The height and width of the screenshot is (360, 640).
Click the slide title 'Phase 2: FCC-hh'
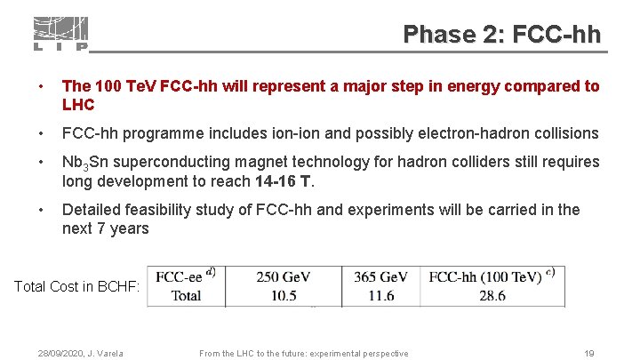pos(502,35)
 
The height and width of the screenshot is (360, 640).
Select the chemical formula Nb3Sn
pos(83,163)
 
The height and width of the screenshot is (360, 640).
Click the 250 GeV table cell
pos(283,277)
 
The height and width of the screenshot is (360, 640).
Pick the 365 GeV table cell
pos(380,277)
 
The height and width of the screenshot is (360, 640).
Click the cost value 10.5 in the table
pos(283,295)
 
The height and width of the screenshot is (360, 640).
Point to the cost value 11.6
pos(380,295)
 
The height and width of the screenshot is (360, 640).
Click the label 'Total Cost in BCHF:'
pos(77,287)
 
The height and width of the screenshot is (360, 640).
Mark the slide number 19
pos(589,354)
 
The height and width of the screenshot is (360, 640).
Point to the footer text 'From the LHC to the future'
pos(303,354)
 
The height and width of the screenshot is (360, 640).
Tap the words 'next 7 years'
pos(105,228)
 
